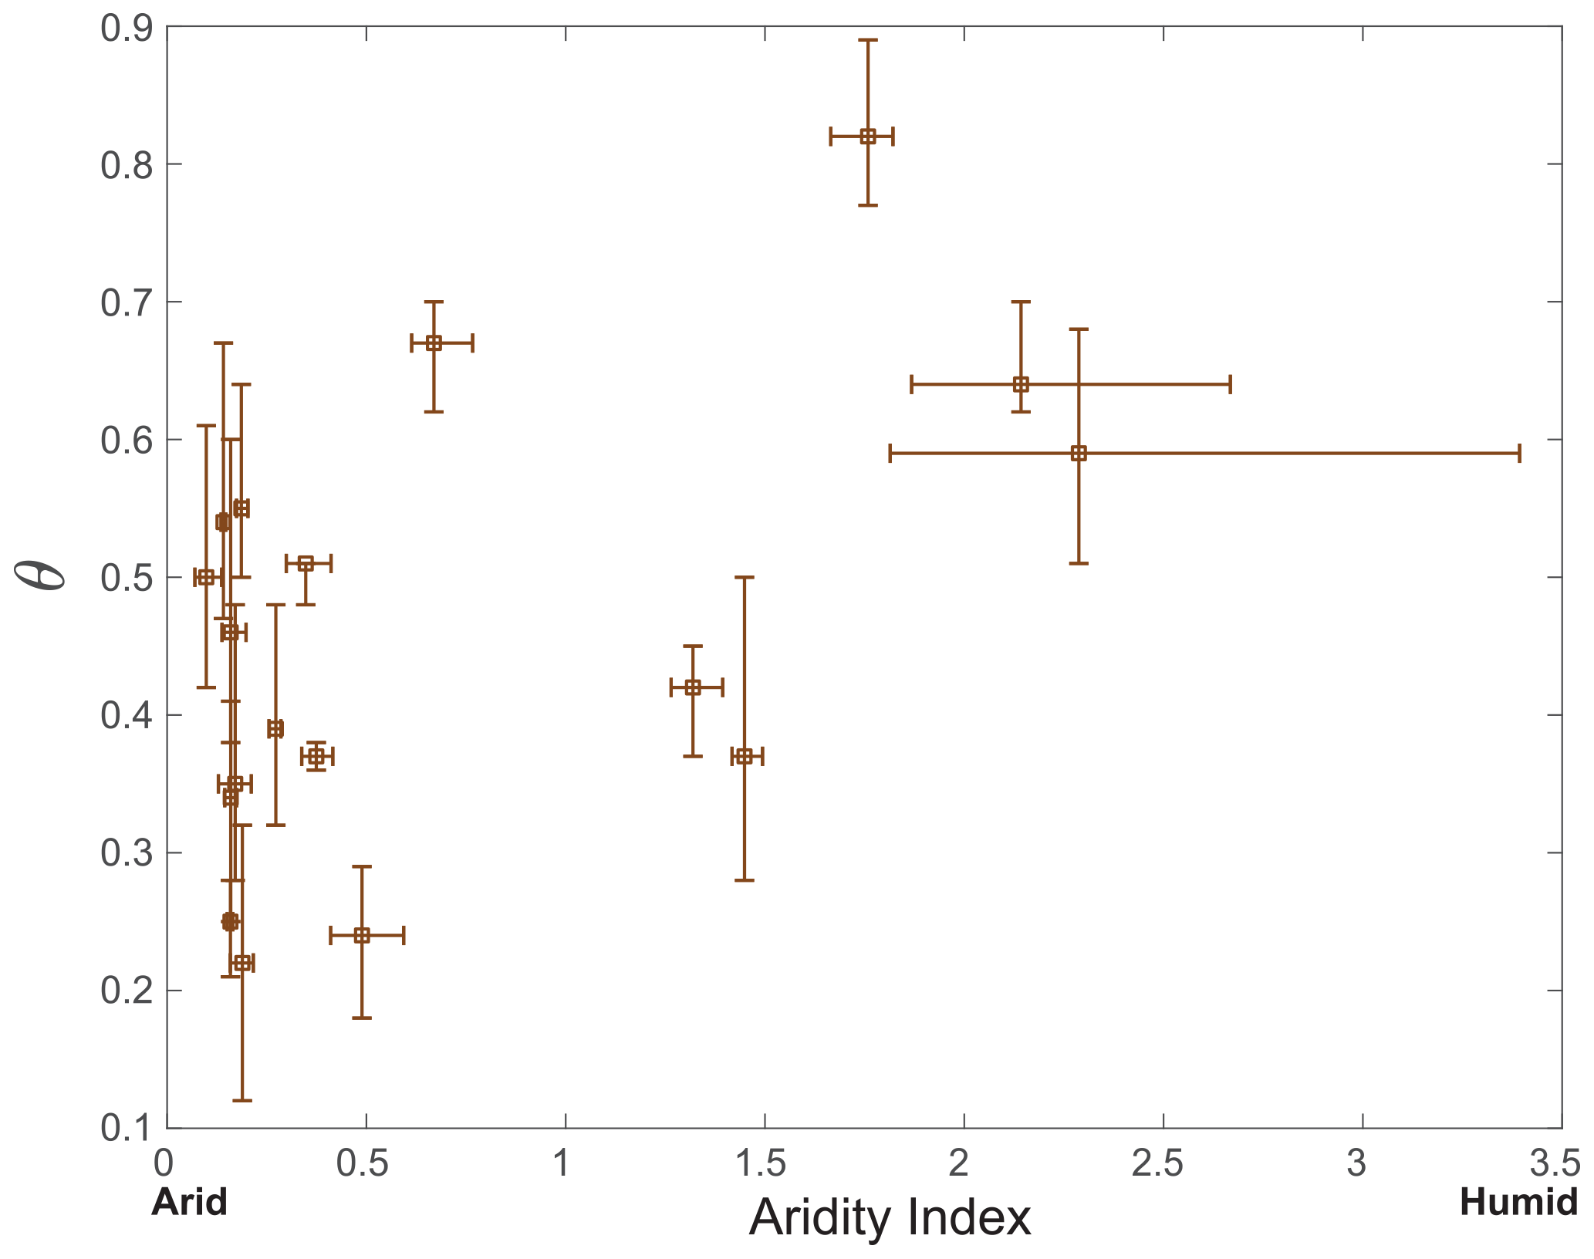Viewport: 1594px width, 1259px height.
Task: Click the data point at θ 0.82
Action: point(867,137)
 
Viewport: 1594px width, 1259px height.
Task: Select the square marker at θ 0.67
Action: point(434,343)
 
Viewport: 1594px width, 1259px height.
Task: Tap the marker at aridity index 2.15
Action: point(1020,384)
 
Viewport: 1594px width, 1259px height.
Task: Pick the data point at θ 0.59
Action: point(1079,454)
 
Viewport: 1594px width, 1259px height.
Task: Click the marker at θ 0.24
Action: point(362,936)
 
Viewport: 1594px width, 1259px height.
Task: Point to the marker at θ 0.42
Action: point(693,687)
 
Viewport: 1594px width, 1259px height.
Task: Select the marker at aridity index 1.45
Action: point(744,756)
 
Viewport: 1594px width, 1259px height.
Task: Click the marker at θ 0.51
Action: point(306,563)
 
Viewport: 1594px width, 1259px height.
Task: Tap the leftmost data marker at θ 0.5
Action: point(206,577)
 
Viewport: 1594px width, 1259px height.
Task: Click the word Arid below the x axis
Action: point(190,1202)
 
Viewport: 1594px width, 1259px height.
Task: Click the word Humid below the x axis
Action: point(1518,1202)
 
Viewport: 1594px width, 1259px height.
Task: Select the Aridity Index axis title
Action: point(890,1218)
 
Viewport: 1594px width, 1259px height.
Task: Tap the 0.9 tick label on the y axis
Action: point(127,29)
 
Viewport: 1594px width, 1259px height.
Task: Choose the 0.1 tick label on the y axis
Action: point(127,1128)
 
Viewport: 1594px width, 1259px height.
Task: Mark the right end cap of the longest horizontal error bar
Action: point(1519,454)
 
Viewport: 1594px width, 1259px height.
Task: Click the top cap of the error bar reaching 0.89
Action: point(867,39)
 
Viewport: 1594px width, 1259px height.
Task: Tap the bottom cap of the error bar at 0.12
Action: point(242,1100)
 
